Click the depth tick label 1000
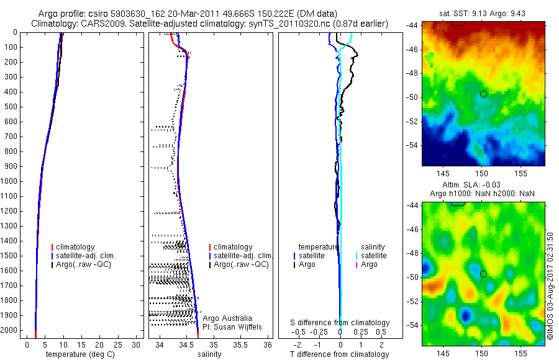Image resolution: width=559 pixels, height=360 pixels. tap(9, 181)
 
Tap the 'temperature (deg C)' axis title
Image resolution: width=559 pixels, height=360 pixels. tap(79, 354)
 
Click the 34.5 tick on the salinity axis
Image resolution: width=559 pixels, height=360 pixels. tap(186, 344)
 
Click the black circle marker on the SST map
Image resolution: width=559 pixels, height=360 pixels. tap(483, 94)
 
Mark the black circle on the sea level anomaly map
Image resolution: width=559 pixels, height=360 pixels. tap(483, 274)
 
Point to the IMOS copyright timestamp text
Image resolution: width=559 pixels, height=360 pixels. tap(550, 285)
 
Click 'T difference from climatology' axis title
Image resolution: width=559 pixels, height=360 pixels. tap(340, 354)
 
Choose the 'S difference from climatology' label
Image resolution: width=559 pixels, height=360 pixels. tap(340, 323)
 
